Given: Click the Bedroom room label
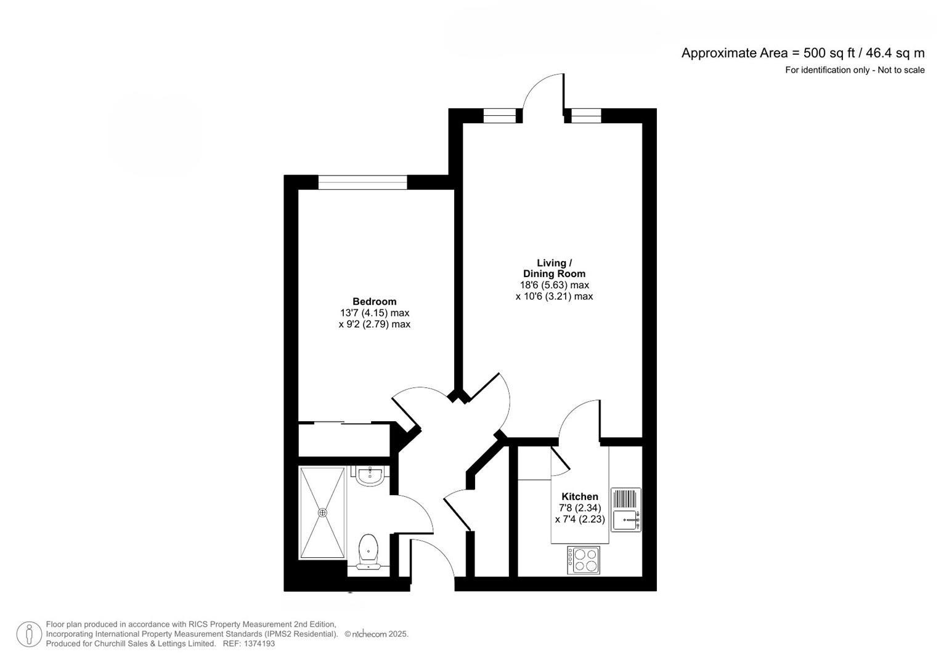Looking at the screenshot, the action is (x=374, y=302).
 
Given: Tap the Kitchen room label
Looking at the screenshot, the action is (x=580, y=497).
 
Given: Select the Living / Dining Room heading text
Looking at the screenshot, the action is (x=554, y=268).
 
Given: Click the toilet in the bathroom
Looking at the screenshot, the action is (x=369, y=552).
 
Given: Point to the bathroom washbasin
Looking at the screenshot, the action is (x=370, y=476).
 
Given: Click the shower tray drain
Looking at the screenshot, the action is (x=322, y=512).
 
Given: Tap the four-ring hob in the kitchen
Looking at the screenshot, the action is (x=584, y=560).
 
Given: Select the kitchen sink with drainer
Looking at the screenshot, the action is (x=626, y=510).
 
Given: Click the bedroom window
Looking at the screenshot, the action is (x=362, y=182).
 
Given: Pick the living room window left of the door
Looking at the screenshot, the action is (x=500, y=116).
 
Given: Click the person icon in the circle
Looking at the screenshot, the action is (x=29, y=634).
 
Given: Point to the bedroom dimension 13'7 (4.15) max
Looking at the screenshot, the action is (x=374, y=313).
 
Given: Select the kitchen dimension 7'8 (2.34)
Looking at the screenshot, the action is (x=580, y=508).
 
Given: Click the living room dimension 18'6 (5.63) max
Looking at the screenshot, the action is (x=555, y=284).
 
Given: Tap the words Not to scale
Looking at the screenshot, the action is (x=901, y=70).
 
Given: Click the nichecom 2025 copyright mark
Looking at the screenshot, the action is (x=377, y=634).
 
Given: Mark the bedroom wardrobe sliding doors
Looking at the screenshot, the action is (x=343, y=423).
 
